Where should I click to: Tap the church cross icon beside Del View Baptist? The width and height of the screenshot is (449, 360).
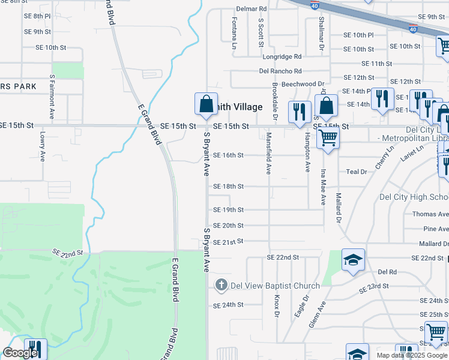(221, 285)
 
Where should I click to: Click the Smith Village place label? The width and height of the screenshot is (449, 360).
(240, 107)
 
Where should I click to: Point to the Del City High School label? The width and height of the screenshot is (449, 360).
(414, 197)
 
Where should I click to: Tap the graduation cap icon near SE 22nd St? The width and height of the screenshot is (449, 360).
(354, 260)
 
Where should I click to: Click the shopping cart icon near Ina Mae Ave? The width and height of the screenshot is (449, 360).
(328, 137)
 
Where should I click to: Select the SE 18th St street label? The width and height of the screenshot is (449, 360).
(228, 187)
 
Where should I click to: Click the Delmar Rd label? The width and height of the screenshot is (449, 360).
(251, 9)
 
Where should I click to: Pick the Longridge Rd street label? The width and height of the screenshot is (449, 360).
(282, 57)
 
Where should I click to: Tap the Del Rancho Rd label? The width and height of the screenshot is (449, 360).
(280, 71)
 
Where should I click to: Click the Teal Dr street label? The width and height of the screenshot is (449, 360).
(356, 172)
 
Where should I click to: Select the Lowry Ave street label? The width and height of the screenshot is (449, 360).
(43, 146)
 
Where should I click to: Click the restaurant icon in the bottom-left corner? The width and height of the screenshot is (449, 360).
(35, 349)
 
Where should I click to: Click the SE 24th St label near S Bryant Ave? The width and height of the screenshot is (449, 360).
(228, 305)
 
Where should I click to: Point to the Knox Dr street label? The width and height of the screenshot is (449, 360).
(277, 306)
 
